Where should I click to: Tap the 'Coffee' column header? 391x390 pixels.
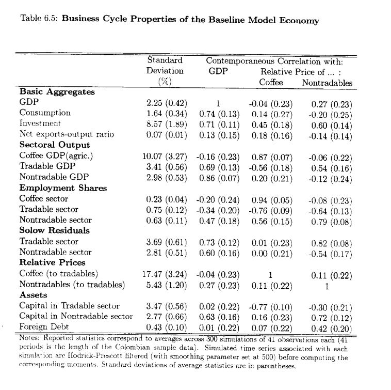tap(271, 82)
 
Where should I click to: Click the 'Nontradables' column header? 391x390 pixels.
tap(327, 82)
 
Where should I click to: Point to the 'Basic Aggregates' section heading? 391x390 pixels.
tap(57, 91)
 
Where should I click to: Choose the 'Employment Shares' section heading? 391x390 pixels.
tap(63, 188)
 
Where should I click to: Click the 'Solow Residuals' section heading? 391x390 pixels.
tap(55, 230)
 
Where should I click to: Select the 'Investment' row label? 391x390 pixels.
tap(40, 123)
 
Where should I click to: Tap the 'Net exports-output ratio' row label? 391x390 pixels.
tap(67, 134)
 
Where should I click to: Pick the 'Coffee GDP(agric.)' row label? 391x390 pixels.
tap(56, 155)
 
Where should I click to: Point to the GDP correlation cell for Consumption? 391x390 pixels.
tap(219, 113)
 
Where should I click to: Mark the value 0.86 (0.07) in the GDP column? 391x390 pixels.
tap(219, 177)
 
